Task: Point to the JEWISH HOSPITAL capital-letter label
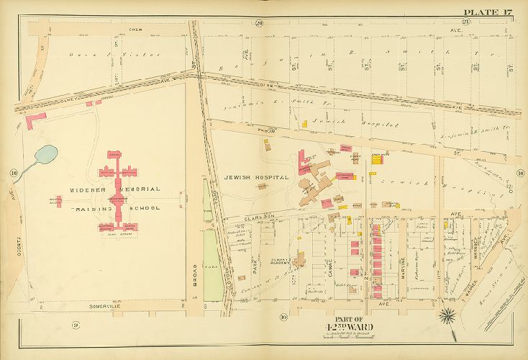(x=256, y=177)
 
